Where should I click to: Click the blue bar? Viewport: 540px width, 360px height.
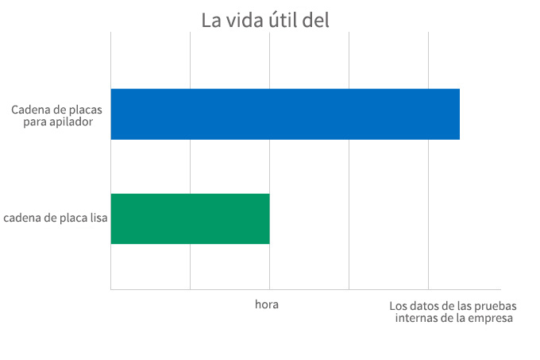point(285,114)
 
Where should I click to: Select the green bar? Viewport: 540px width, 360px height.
point(191,219)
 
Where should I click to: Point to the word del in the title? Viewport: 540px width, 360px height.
point(316,20)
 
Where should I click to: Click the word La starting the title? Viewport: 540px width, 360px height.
point(210,20)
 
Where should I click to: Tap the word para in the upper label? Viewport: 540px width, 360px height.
point(41,122)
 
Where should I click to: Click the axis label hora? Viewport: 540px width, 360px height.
point(267,305)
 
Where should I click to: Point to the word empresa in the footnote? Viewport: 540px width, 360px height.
point(492,319)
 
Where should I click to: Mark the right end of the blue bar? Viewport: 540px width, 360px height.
point(459,114)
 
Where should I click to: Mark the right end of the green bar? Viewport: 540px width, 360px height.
point(269,219)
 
